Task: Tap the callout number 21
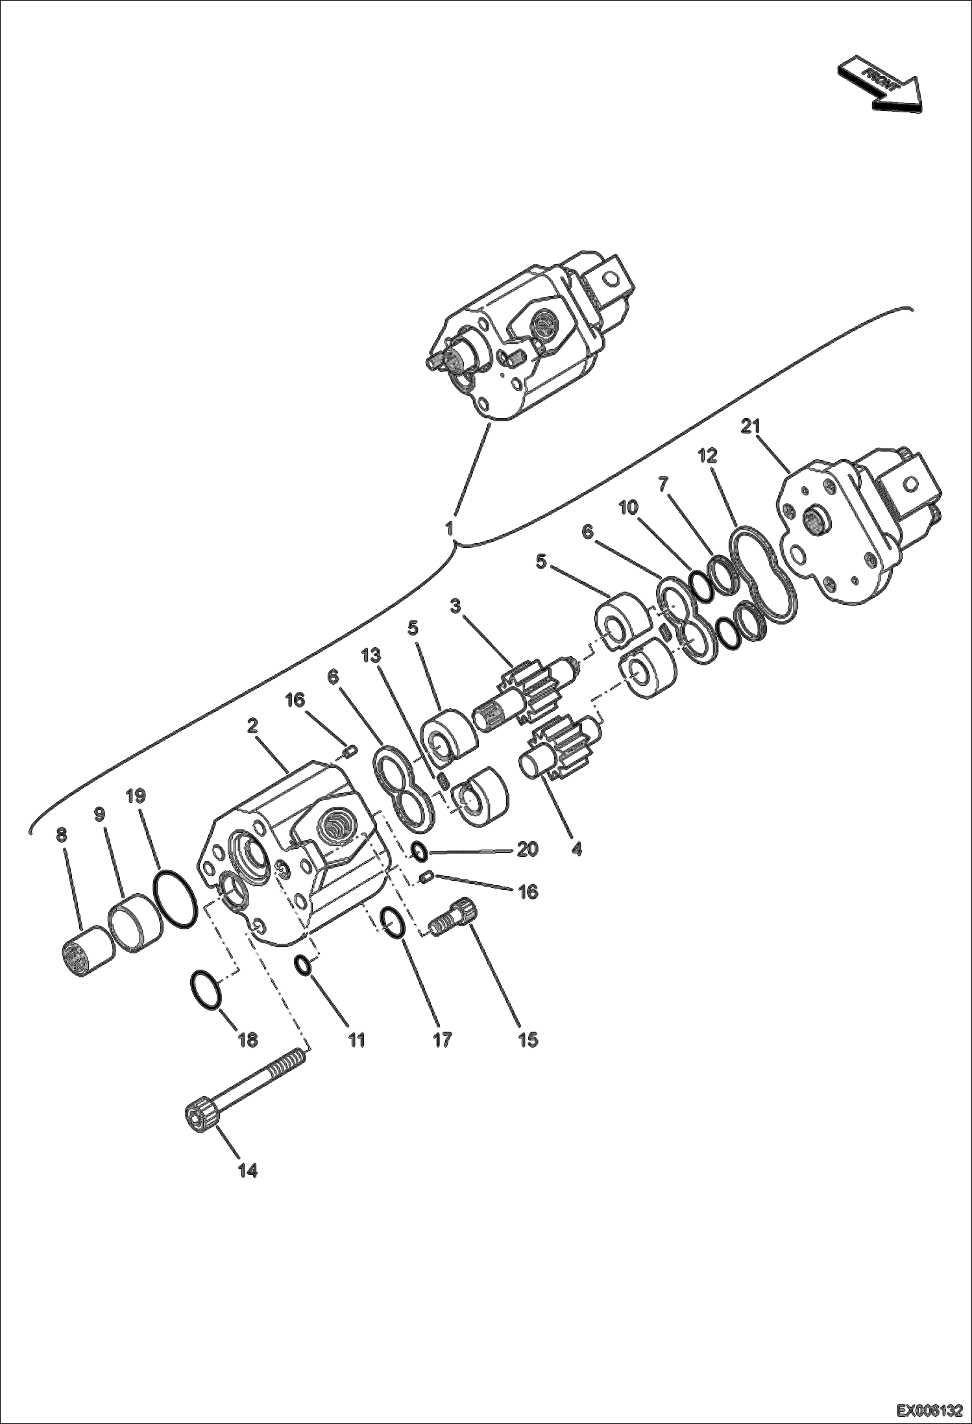click(x=751, y=427)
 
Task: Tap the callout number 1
click(x=449, y=528)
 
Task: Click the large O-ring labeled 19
click(x=175, y=899)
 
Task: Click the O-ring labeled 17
click(x=393, y=922)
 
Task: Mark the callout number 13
click(x=371, y=656)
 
